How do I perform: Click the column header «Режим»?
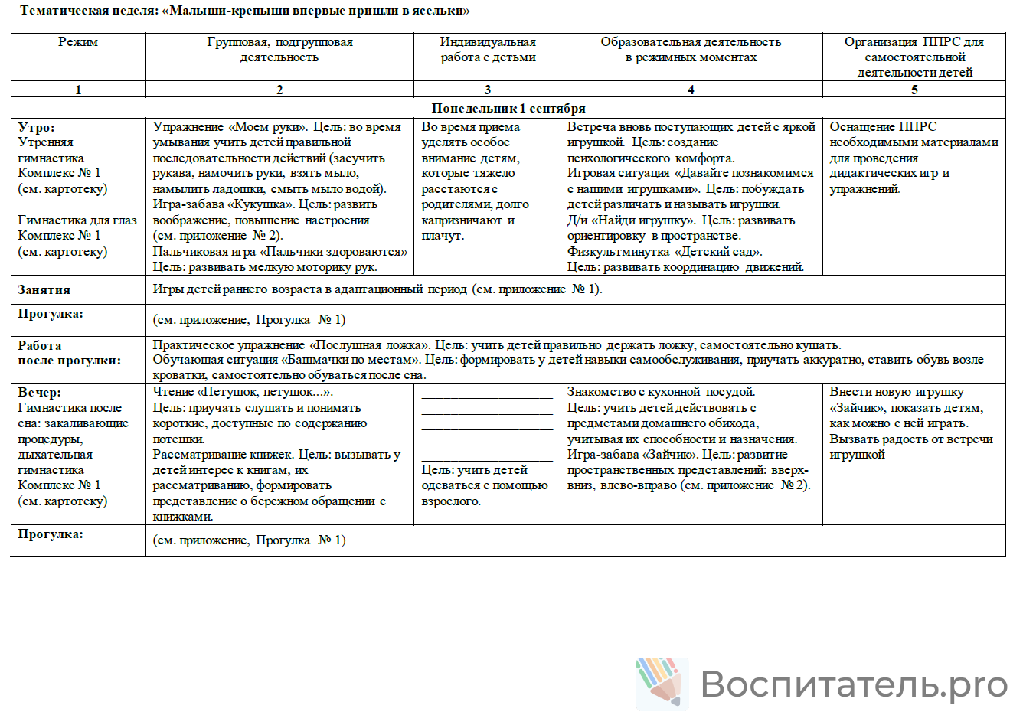(78, 42)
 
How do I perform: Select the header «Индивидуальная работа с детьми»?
(488, 50)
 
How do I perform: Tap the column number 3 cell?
(488, 90)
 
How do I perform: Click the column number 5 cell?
(914, 90)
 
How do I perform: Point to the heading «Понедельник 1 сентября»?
(508, 108)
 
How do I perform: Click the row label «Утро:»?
(37, 127)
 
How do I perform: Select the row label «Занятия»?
(44, 289)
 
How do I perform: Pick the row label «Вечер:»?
(40, 392)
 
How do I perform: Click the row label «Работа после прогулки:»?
(69, 353)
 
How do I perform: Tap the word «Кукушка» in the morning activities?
(264, 204)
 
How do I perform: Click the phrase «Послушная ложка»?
(369, 345)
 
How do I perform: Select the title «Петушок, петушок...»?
(265, 392)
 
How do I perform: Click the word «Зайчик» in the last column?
(855, 408)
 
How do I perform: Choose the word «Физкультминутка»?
(617, 251)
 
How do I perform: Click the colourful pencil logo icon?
(661, 682)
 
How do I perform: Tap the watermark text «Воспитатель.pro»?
(854, 684)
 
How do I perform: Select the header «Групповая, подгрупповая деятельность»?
(279, 50)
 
